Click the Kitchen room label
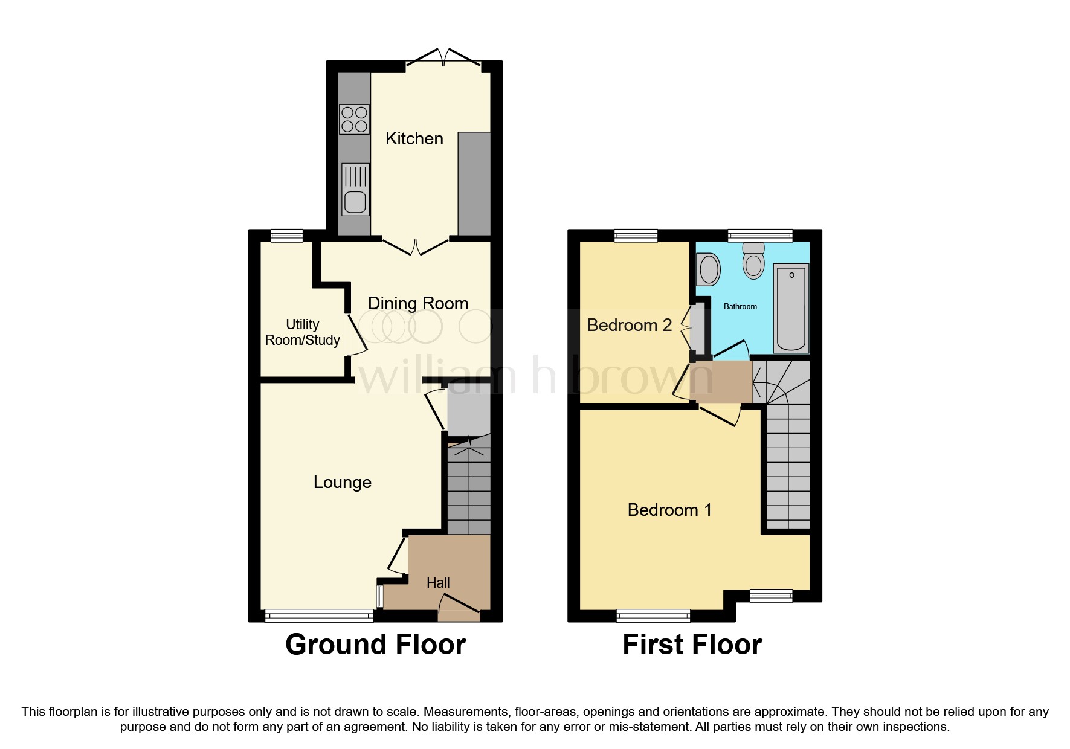(414, 138)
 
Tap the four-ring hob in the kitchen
(354, 119)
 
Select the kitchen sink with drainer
(355, 189)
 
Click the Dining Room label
(417, 303)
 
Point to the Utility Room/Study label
(302, 332)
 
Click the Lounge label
(342, 482)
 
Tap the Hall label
(438, 583)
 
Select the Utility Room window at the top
(286, 236)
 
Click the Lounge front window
(318, 616)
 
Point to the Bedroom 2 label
(629, 325)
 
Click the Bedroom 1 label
(669, 510)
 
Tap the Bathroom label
(740, 306)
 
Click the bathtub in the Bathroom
(791, 308)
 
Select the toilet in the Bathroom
(753, 261)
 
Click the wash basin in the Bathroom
(709, 269)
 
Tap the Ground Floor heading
(375, 645)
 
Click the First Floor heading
(692, 645)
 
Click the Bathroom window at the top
(760, 236)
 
